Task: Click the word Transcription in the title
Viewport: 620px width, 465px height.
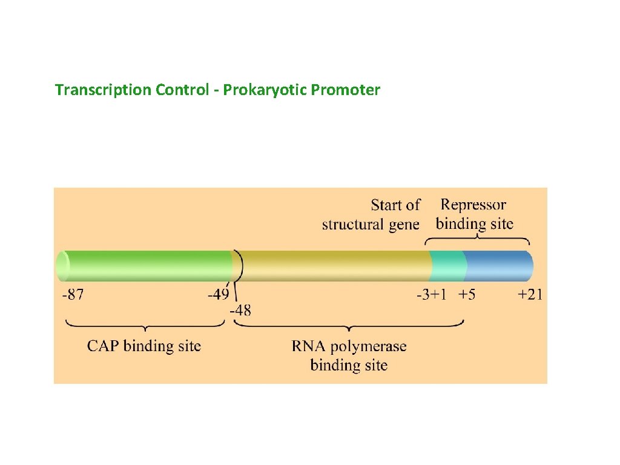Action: tap(103, 90)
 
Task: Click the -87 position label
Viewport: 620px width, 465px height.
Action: tap(73, 295)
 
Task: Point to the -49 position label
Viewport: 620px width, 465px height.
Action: tap(219, 295)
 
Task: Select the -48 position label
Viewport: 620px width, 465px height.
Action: tap(240, 311)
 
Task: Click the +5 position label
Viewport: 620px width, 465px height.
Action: tap(467, 295)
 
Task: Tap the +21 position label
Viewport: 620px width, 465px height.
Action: tap(530, 295)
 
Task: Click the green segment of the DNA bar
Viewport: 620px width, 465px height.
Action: tap(145, 266)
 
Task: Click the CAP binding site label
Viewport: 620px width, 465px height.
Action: tap(144, 346)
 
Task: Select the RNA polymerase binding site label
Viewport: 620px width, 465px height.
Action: tap(349, 355)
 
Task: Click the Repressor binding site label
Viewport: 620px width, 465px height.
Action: tap(474, 214)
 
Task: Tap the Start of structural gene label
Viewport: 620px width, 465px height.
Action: tap(371, 214)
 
